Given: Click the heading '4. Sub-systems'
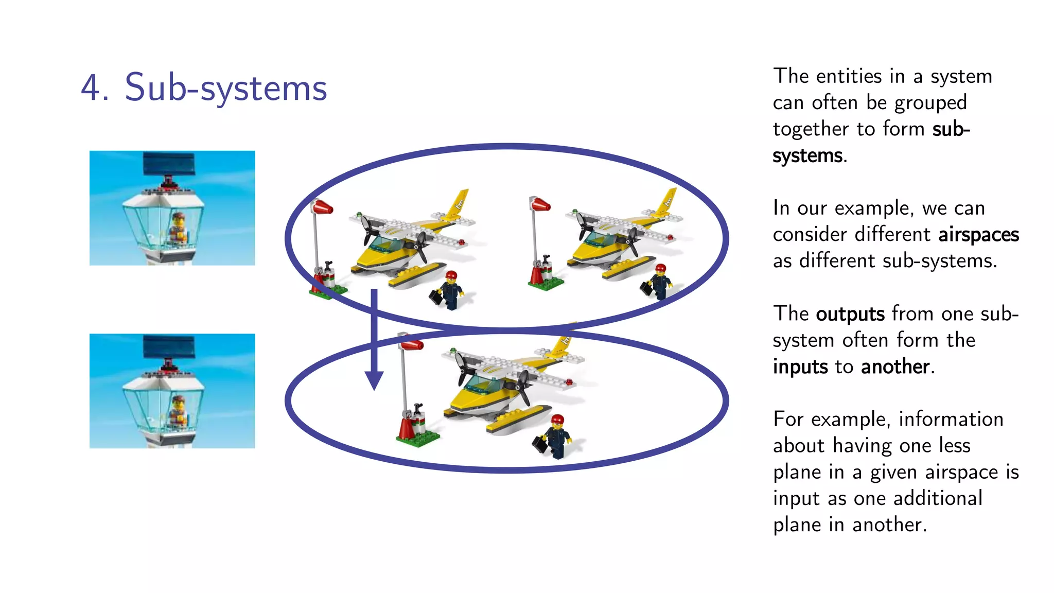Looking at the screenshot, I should [204, 88].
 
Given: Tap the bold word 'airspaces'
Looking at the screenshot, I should [978, 235].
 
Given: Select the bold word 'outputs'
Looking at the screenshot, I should [850, 314].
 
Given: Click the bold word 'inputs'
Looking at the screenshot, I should [800, 367].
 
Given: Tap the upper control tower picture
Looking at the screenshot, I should [172, 208].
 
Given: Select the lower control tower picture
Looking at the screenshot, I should [172, 391].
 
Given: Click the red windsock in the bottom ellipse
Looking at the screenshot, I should [412, 343].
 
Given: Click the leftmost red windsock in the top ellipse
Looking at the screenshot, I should [322, 207].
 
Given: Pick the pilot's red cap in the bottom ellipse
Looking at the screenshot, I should [557, 420].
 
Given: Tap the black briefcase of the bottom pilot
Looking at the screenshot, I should [539, 444].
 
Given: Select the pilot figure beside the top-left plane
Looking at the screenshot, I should [452, 291].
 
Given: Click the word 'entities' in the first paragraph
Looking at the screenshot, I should [849, 77].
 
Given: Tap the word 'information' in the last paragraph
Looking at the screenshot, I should [951, 420].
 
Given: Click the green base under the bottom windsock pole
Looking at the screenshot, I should [418, 439].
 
